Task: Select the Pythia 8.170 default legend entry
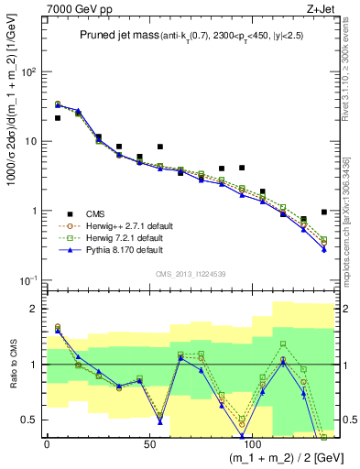(116, 248)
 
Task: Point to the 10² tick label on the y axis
(27, 71)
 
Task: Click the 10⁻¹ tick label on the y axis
(27, 280)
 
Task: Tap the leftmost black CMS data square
(58, 117)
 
